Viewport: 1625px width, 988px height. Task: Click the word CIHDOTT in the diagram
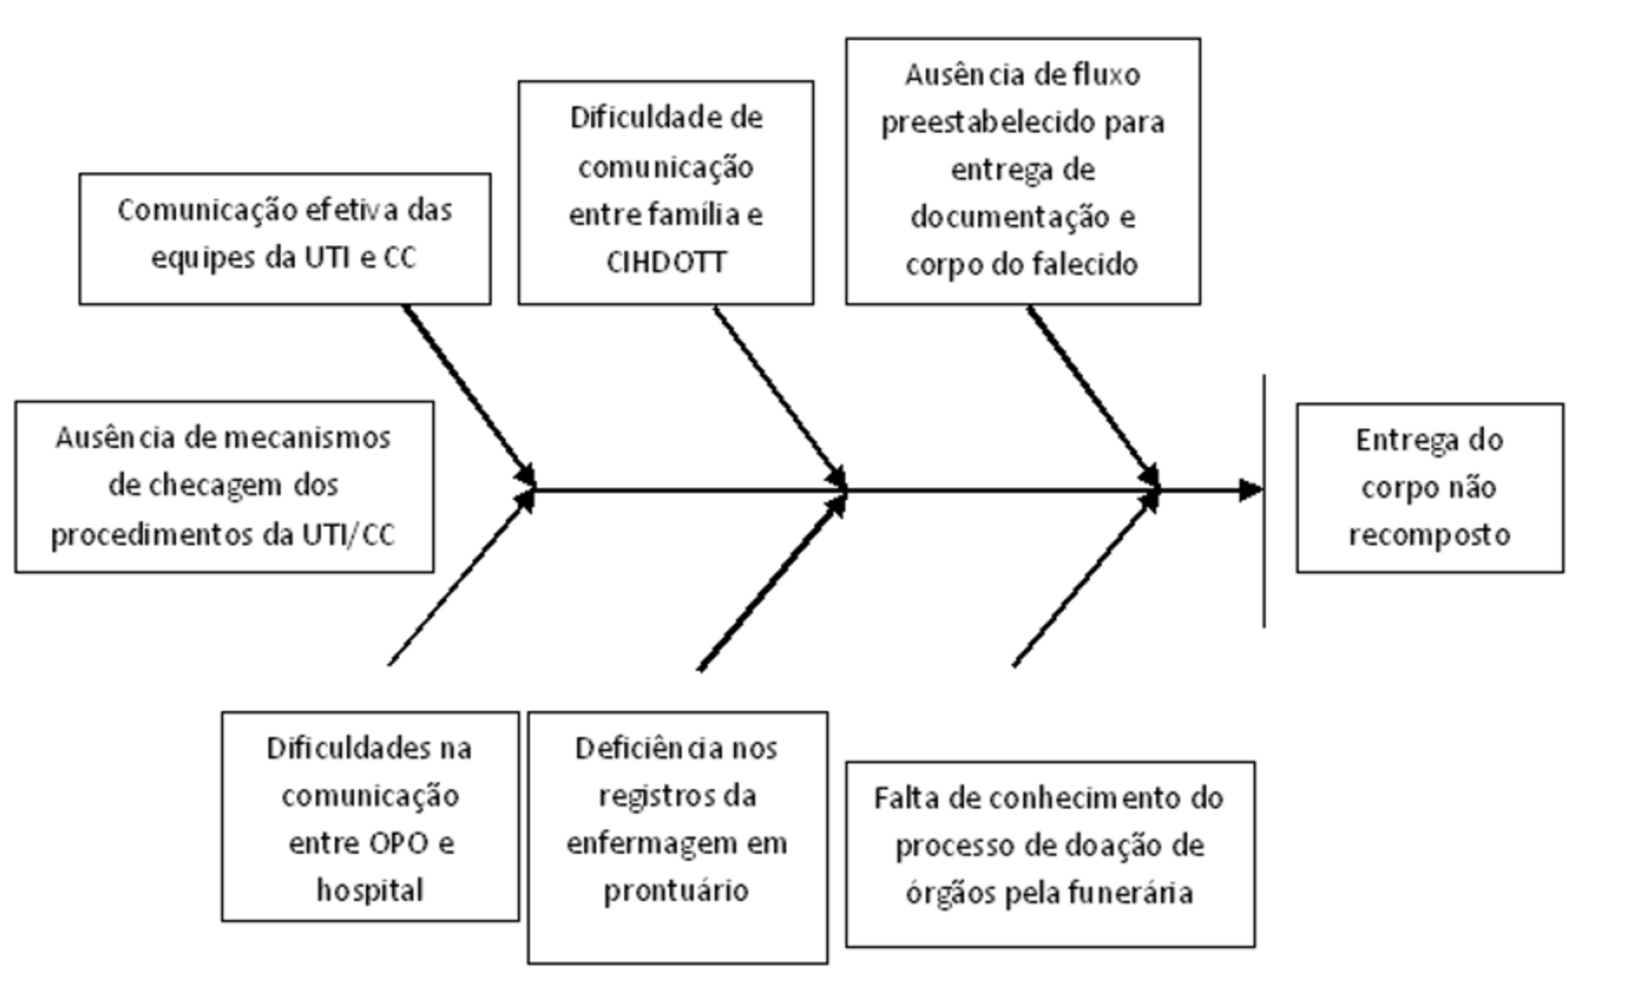point(666,262)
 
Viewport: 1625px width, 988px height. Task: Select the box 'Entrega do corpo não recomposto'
point(1430,488)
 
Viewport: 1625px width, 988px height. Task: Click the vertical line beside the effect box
point(1264,501)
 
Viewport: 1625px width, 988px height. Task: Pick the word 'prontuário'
point(677,891)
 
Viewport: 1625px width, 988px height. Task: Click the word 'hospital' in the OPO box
point(370,890)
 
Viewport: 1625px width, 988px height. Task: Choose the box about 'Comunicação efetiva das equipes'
point(285,239)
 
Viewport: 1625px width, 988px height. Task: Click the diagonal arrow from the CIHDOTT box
point(780,397)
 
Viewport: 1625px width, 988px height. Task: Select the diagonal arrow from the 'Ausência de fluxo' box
point(1093,397)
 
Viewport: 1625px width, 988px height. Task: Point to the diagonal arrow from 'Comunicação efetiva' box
point(469,397)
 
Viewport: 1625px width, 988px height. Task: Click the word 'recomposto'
point(1430,534)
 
